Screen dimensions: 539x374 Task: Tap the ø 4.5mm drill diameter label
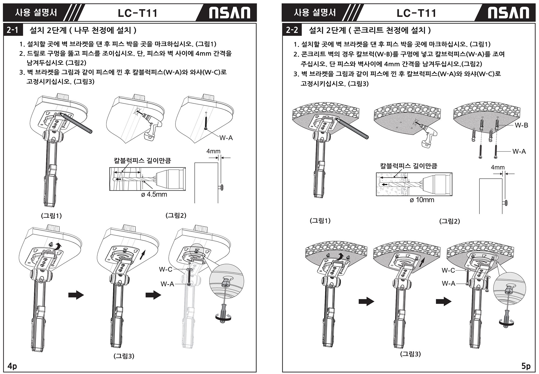click(154, 194)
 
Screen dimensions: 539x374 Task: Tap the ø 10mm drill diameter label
click(422, 200)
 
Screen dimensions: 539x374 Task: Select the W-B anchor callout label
click(521, 125)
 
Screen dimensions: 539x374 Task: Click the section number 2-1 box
click(13, 30)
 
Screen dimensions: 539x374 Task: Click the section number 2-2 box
click(292, 30)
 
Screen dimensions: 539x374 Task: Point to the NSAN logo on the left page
click(230, 13)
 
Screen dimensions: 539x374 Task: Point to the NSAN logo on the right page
click(509, 13)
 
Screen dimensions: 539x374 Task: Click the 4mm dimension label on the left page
click(213, 151)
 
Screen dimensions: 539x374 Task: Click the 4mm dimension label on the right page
click(498, 167)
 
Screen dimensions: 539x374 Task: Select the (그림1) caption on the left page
click(51, 216)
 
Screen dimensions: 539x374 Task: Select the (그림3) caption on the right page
click(410, 354)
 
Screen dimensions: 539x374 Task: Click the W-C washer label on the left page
click(165, 269)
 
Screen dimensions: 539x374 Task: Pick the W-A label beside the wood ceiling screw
click(226, 138)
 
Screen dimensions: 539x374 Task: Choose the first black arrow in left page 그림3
click(76, 295)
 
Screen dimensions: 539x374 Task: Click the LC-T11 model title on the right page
click(416, 13)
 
